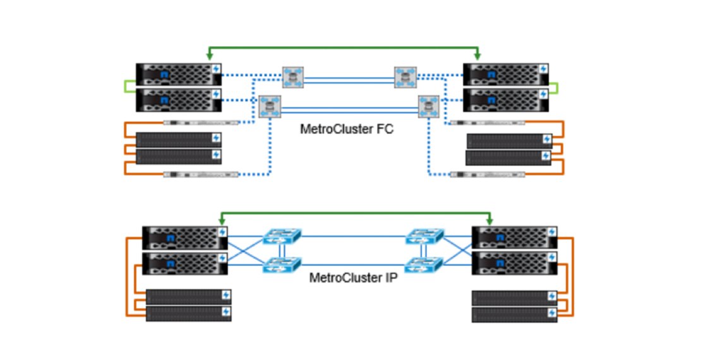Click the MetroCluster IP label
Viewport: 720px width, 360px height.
click(353, 277)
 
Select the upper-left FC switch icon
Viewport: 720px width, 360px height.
click(293, 78)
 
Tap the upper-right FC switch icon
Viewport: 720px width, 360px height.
click(405, 78)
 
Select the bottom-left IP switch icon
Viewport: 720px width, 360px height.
click(282, 265)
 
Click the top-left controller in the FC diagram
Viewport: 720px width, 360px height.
click(179, 74)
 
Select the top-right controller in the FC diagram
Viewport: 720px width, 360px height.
click(505, 74)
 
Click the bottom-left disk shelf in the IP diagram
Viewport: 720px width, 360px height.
click(188, 313)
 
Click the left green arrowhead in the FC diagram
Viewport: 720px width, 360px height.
click(209, 56)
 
